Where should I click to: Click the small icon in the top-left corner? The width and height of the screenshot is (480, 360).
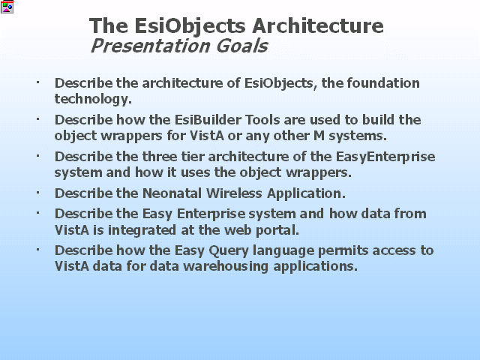coord(7,7)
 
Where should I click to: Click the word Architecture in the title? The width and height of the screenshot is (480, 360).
coord(318,25)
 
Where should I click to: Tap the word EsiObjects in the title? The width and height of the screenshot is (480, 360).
coord(190,27)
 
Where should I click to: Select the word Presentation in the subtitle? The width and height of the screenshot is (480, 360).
coord(150,46)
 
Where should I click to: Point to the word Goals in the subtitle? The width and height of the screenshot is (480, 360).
coord(241,46)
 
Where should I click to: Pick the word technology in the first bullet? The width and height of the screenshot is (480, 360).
coord(93,99)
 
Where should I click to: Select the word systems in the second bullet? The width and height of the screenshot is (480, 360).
coord(358,136)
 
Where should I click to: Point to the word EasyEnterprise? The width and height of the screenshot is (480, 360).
coord(385,157)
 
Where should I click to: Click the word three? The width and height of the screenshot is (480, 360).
coord(160,157)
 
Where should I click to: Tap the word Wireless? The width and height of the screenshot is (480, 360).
coord(234,193)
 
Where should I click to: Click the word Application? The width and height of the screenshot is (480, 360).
coord(306,193)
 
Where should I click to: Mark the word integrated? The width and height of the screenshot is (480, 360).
coord(142,230)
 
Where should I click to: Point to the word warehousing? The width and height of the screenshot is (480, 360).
coord(226,266)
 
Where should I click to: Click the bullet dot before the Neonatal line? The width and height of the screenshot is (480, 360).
coord(38,193)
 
